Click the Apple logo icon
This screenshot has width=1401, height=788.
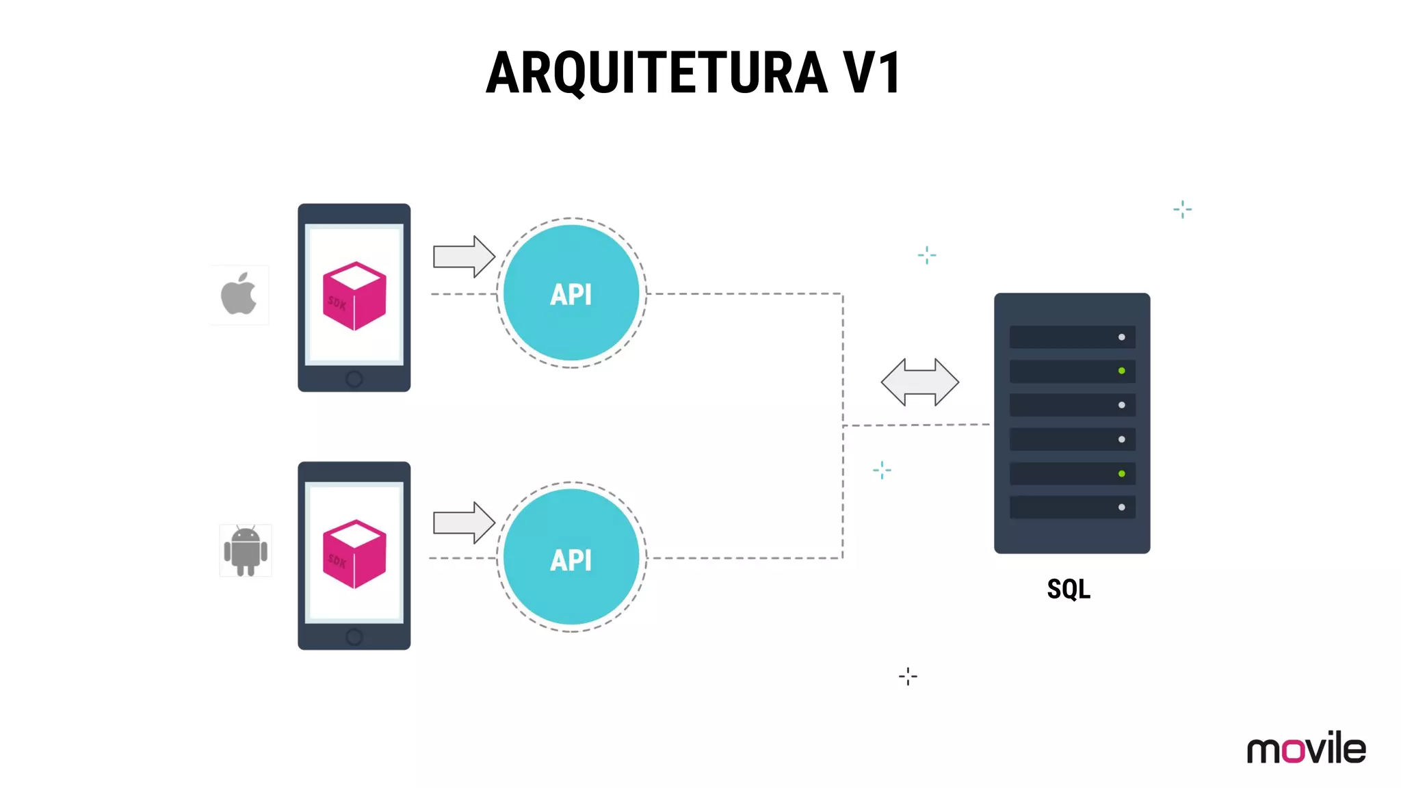click(x=239, y=294)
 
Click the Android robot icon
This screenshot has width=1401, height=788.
click(x=246, y=551)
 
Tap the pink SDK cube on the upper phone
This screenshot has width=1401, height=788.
click(x=354, y=295)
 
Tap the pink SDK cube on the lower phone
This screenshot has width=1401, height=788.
click(x=354, y=554)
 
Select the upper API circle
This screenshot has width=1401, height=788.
click(x=571, y=293)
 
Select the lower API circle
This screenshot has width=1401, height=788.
click(x=571, y=557)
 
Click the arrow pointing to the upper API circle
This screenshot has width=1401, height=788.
click(x=463, y=257)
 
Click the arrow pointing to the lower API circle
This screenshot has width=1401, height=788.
click(x=463, y=523)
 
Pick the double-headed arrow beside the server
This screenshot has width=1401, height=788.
click(x=919, y=382)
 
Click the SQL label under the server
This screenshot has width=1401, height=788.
click(x=1069, y=589)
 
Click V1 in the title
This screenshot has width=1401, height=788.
click(x=872, y=73)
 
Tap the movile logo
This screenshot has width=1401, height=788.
click(x=1306, y=748)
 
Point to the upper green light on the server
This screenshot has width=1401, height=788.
click(x=1121, y=371)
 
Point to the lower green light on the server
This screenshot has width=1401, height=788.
click(x=1121, y=473)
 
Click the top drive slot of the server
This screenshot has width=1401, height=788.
click(x=1071, y=337)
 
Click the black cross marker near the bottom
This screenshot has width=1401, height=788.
click(x=908, y=677)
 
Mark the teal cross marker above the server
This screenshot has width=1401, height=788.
click(x=1182, y=209)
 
